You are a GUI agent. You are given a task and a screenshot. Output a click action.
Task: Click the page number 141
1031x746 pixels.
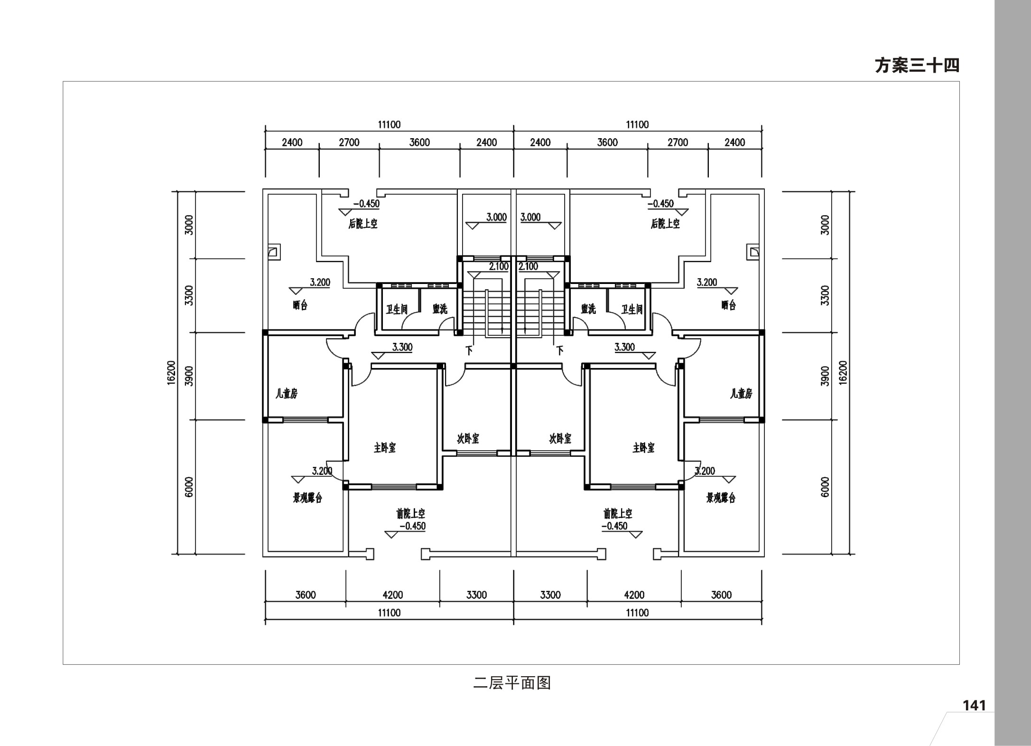(974, 706)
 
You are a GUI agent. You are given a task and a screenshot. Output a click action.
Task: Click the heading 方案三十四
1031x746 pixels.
(917, 66)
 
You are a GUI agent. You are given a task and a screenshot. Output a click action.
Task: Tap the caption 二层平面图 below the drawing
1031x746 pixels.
(512, 683)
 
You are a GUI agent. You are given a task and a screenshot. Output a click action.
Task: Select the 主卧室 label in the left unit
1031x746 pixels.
(385, 448)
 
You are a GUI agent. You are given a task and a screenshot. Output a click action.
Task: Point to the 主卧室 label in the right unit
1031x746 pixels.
(643, 448)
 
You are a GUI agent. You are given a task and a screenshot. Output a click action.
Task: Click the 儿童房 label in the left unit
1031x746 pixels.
(287, 394)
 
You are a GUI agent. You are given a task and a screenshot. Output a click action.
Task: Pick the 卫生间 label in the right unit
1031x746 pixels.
(632, 310)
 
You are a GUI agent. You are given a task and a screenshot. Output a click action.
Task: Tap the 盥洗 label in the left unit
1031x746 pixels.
(440, 309)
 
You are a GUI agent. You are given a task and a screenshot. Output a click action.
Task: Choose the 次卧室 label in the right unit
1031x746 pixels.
(560, 439)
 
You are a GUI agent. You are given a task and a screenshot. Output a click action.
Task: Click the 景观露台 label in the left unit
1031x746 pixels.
(307, 498)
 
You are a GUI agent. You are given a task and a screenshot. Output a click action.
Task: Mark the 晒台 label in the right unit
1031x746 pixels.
(728, 305)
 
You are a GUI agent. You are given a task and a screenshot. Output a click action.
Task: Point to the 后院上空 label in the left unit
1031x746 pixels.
(363, 224)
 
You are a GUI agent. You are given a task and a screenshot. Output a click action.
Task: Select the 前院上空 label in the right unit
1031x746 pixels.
(618, 513)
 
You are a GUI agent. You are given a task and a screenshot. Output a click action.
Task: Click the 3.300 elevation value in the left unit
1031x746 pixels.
(402, 347)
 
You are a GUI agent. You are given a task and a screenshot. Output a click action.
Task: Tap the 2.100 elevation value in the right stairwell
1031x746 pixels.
(529, 266)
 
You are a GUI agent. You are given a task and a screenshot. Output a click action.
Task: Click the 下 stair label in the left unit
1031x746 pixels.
(469, 351)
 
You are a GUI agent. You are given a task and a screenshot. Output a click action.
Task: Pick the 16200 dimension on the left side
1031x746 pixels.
(171, 373)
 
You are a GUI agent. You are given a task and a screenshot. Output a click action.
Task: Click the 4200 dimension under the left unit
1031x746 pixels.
(393, 595)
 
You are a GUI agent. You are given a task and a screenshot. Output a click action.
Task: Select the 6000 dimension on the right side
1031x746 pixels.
(825, 487)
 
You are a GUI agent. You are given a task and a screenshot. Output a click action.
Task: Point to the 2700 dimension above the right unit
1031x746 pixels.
(678, 142)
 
